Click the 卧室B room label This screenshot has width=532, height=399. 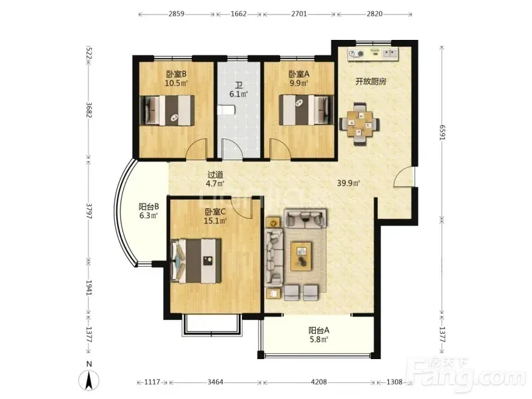176,74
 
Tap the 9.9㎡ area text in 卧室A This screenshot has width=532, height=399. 299,82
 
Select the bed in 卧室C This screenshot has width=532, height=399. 196,261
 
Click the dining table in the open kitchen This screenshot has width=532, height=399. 360,124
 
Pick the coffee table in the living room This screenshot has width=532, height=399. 302,256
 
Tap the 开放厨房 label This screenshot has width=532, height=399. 371,81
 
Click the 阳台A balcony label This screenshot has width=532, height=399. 319,330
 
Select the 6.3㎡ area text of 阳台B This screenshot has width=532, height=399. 148,215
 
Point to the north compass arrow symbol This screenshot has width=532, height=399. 89,380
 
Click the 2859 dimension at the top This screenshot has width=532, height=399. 176,14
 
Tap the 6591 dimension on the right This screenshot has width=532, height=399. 442,132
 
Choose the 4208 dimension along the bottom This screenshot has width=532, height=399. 319,382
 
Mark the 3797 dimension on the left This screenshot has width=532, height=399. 89,211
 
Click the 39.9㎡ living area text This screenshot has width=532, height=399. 348,184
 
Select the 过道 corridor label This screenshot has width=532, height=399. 215,175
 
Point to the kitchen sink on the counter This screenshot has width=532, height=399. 390,53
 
